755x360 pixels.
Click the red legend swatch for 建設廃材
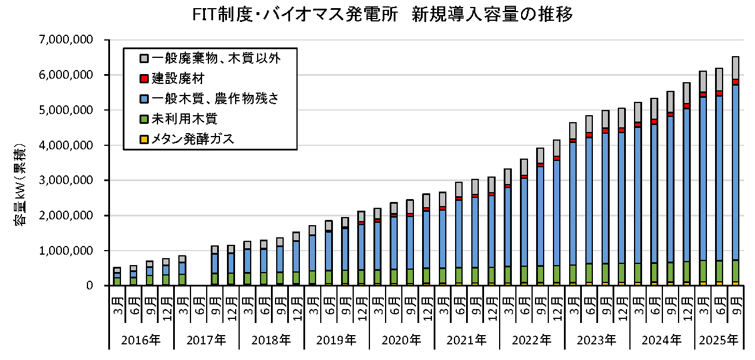(x=145, y=78)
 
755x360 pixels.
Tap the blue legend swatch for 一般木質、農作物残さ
(x=145, y=98)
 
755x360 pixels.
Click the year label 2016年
(x=141, y=340)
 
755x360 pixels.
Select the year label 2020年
(x=401, y=340)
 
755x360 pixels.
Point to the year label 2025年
(x=719, y=340)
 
